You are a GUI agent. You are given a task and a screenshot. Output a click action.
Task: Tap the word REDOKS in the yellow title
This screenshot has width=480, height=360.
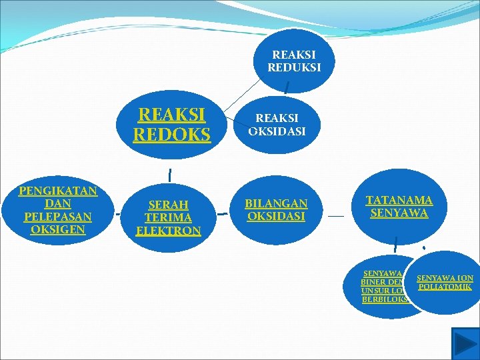click(171, 135)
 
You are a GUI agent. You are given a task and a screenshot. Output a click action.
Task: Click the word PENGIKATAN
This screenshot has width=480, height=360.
click(58, 191)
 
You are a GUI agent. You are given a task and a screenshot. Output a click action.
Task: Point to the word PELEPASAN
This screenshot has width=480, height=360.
click(57, 217)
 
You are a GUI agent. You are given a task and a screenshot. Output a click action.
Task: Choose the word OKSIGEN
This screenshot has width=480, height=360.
click(57, 229)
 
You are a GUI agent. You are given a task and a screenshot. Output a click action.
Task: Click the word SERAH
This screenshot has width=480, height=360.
click(168, 205)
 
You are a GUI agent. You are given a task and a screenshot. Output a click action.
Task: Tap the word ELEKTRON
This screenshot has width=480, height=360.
click(168, 231)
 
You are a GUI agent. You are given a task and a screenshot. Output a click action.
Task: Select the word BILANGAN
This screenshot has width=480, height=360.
click(276, 203)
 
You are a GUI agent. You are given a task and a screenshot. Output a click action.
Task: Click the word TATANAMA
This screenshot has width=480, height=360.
click(399, 200)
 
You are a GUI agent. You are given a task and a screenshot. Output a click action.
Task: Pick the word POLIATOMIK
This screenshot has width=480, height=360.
click(445, 287)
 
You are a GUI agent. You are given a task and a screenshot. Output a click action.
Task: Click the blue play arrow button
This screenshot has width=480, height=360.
click(465, 343)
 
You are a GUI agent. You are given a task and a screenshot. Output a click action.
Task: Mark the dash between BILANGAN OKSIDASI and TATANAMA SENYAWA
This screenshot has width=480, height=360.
click(336, 217)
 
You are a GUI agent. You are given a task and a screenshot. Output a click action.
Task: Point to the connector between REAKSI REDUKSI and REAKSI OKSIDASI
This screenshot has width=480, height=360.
click(286, 86)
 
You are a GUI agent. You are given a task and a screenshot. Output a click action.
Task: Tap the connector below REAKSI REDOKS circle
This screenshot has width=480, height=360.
click(171, 175)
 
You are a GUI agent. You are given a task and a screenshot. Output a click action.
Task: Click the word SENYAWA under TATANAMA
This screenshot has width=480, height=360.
click(399, 213)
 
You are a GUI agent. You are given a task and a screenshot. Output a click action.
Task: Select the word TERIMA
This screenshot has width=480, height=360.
click(168, 218)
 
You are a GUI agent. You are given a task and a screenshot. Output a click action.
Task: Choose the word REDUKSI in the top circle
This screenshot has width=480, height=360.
click(294, 67)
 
